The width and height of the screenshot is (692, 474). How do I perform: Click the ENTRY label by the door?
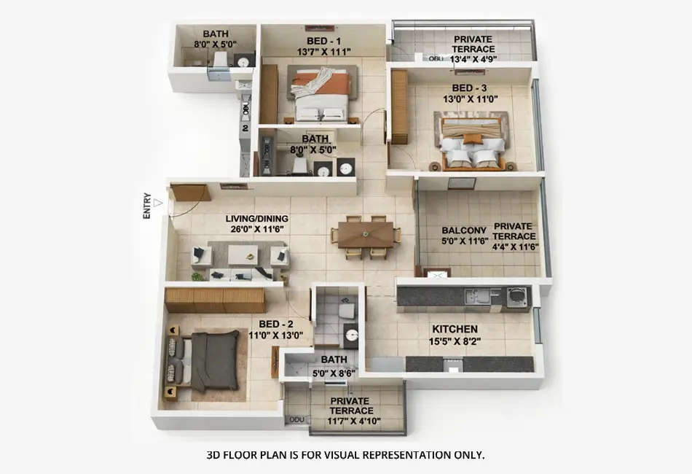(147, 206)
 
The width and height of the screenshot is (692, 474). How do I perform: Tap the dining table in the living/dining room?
(366, 235)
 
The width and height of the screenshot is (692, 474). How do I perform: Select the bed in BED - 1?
(321, 93)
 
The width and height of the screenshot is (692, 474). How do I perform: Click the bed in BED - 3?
(472, 141)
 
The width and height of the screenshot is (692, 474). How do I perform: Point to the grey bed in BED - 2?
(211, 360)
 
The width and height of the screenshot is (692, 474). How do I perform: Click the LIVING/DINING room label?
(256, 218)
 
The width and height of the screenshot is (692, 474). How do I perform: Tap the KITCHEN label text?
(455, 329)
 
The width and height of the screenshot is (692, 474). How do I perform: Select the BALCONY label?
(464, 230)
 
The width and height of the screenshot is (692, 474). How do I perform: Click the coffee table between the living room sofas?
(243, 254)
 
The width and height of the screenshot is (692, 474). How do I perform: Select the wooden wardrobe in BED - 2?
(214, 300)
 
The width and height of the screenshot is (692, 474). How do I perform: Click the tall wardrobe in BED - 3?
(399, 106)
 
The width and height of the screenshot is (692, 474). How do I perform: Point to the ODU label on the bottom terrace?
(296, 420)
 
